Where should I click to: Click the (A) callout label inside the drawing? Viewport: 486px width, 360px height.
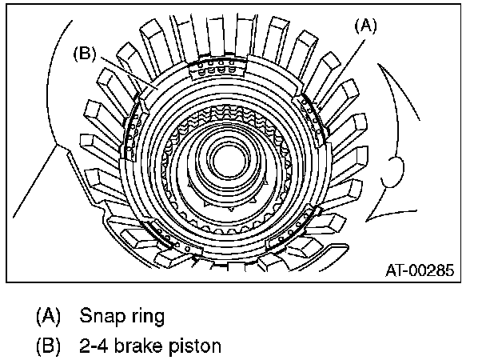365,25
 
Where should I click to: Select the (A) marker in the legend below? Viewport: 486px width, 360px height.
49,315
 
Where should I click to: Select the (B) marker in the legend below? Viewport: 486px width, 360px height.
49,346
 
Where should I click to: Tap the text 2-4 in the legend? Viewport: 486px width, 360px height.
94,346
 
